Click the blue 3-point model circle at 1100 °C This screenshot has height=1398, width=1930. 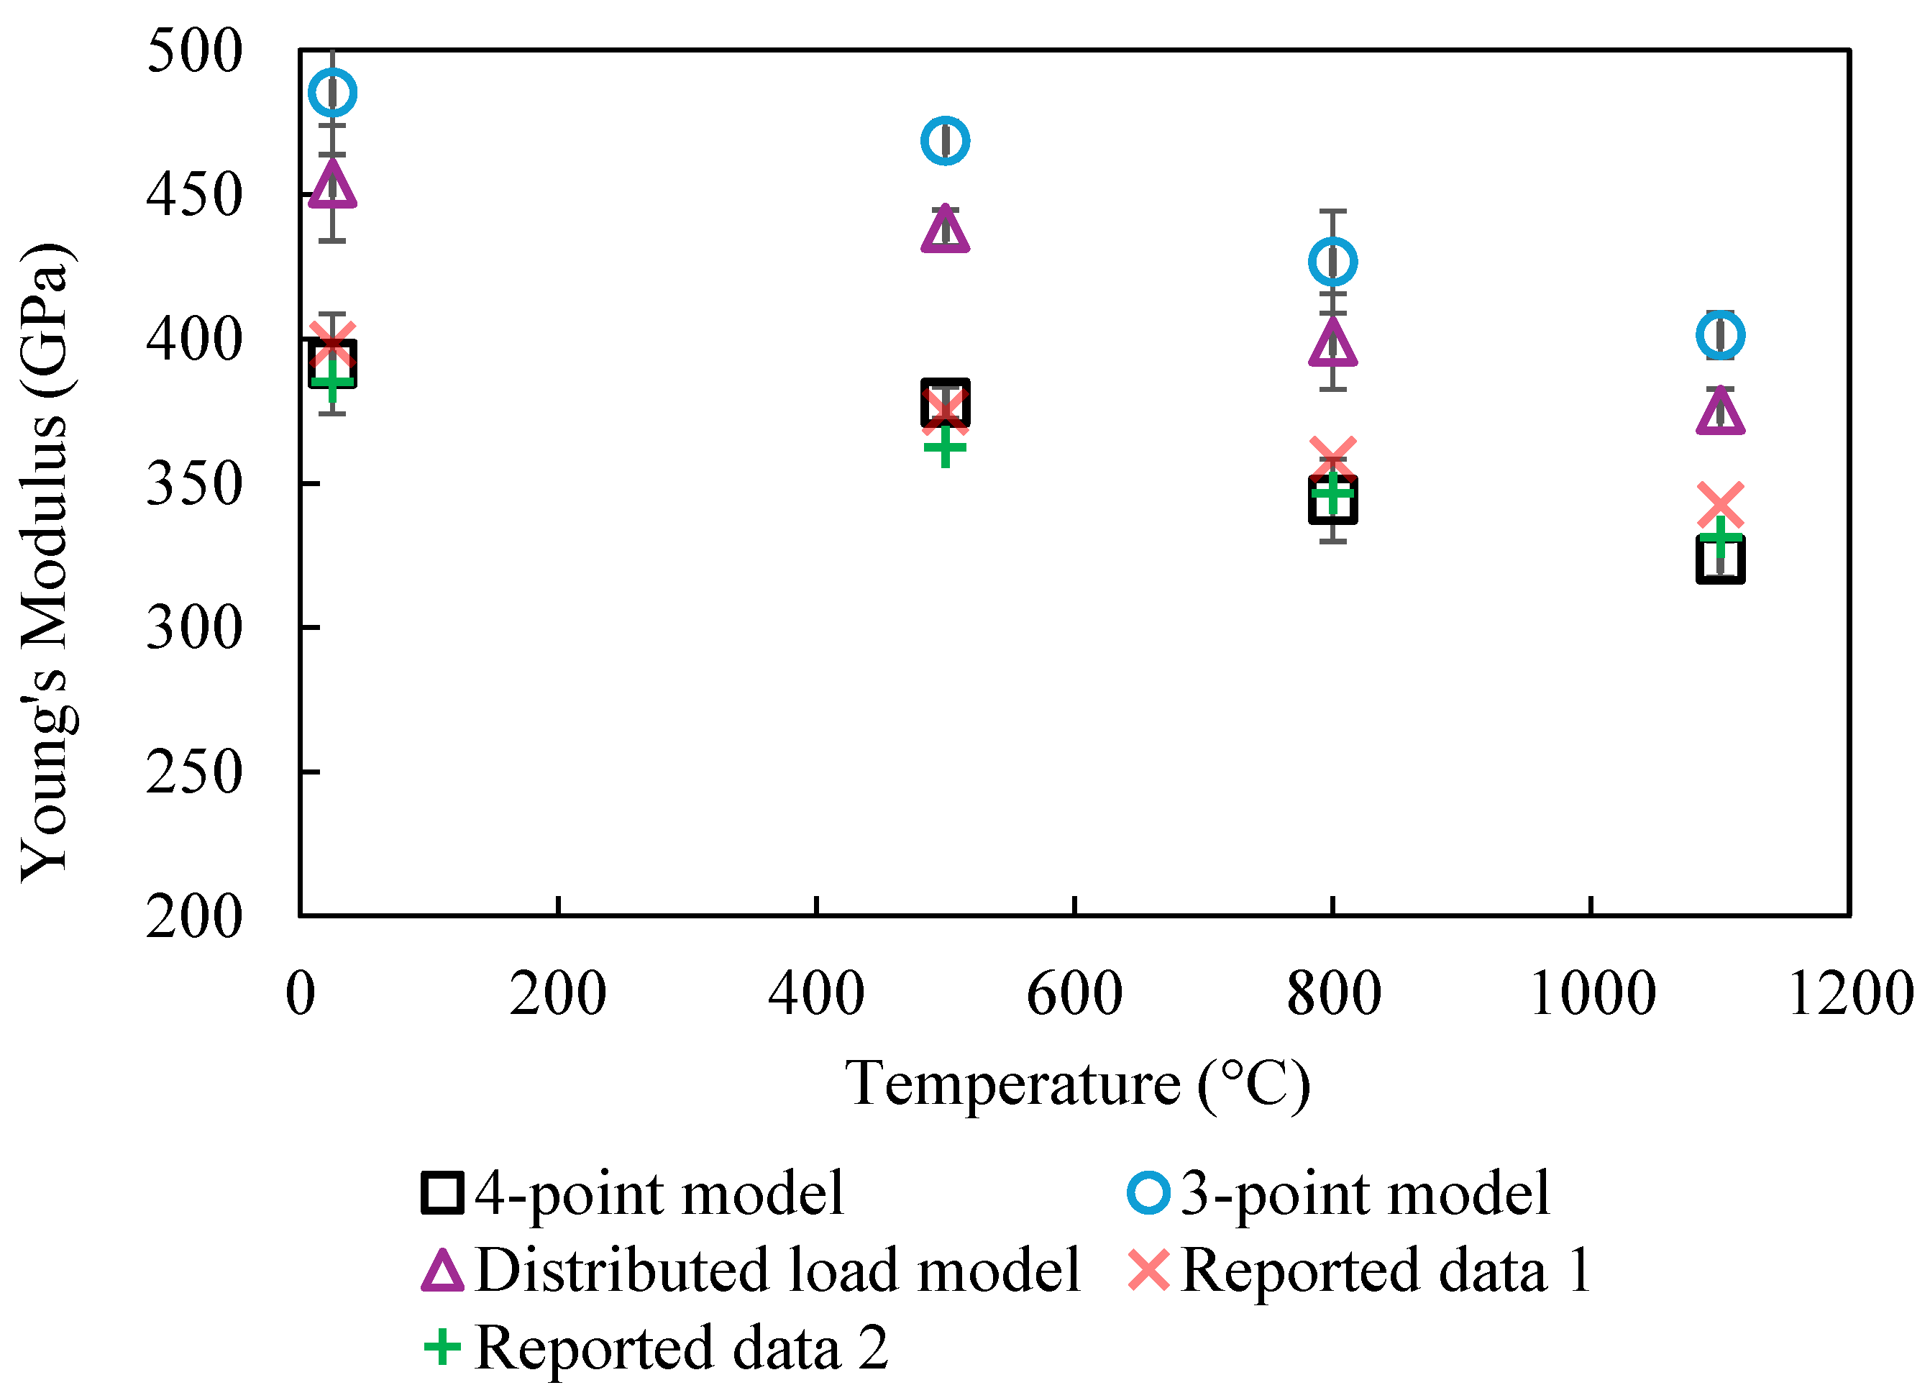tap(1721, 335)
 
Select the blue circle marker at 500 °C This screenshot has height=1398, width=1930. tap(946, 141)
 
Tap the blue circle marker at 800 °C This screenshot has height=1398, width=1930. tap(1332, 262)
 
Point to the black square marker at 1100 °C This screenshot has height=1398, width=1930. tap(1721, 562)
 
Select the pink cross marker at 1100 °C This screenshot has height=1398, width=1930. tap(1721, 506)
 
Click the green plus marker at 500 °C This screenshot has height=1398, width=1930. tap(946, 447)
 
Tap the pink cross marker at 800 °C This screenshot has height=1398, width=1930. tap(1332, 460)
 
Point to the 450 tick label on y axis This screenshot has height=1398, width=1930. tap(194, 196)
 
